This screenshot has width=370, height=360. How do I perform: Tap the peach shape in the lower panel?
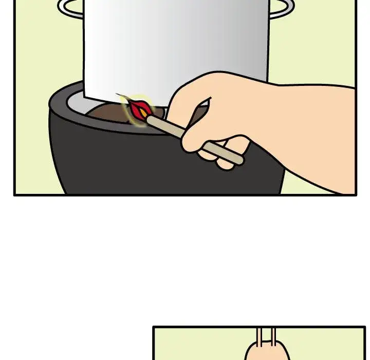pos(265,352)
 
